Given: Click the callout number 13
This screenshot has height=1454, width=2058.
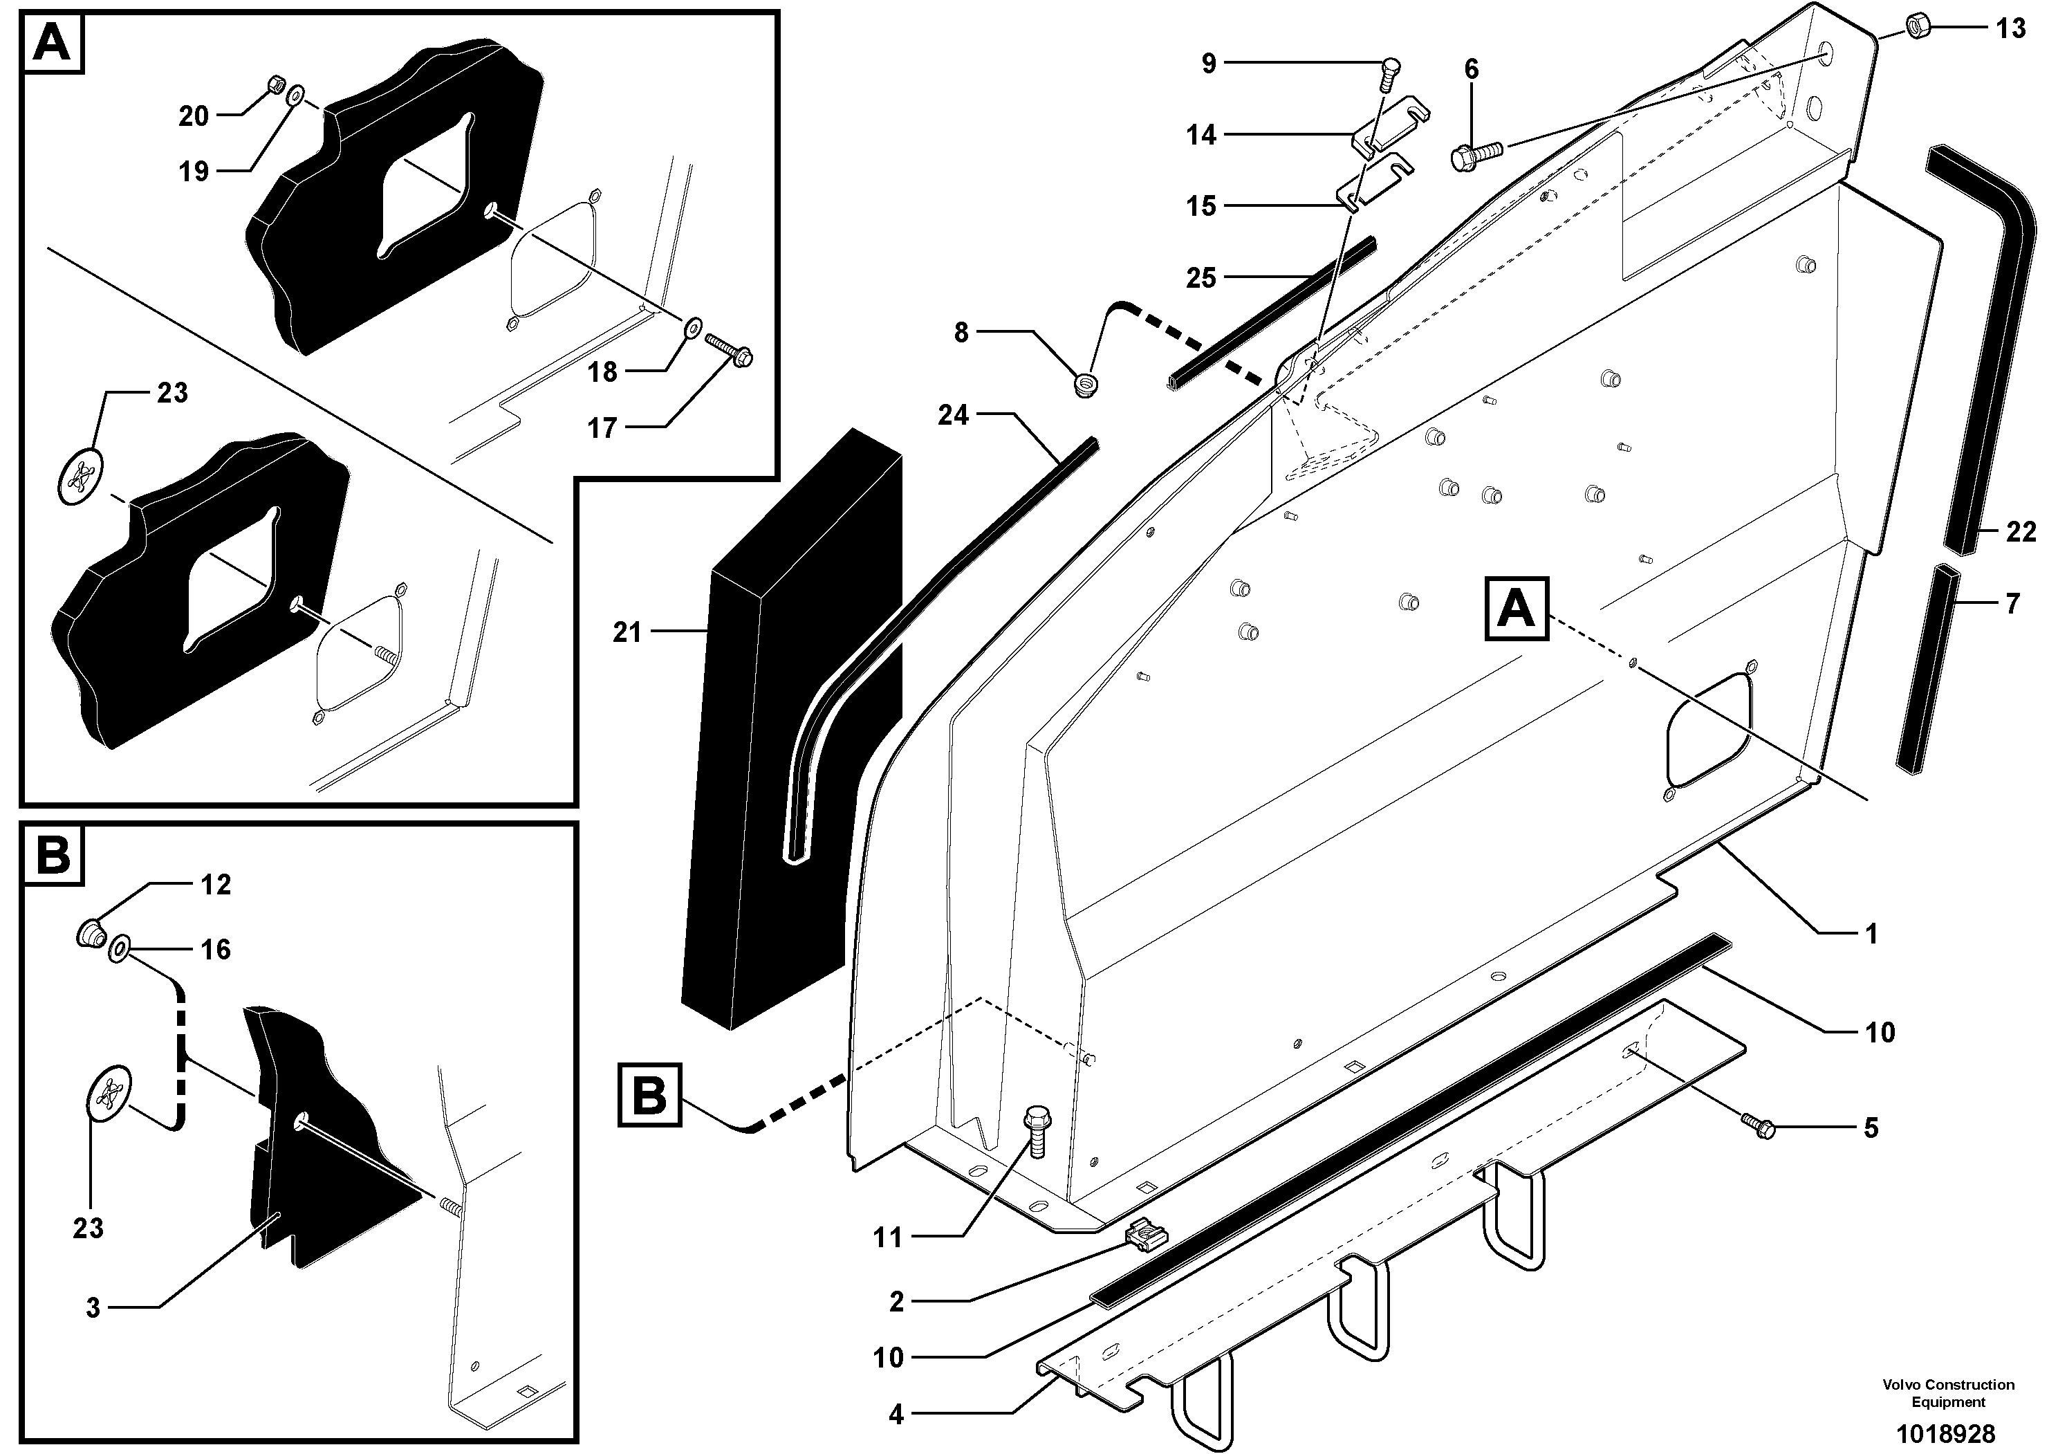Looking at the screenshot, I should (x=2010, y=28).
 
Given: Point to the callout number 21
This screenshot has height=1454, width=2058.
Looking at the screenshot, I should (x=627, y=633).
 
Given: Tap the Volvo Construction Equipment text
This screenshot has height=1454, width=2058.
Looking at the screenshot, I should (x=1948, y=1392).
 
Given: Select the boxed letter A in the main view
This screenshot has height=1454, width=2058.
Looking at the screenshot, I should (x=1517, y=609).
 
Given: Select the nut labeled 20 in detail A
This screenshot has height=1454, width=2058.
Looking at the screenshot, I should (x=276, y=85).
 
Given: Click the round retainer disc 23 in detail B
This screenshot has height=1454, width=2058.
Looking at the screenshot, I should (x=109, y=1093).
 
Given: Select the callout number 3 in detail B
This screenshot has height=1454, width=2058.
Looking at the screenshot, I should (x=93, y=1308).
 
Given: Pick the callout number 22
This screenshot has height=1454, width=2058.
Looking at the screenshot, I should (x=2021, y=533).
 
